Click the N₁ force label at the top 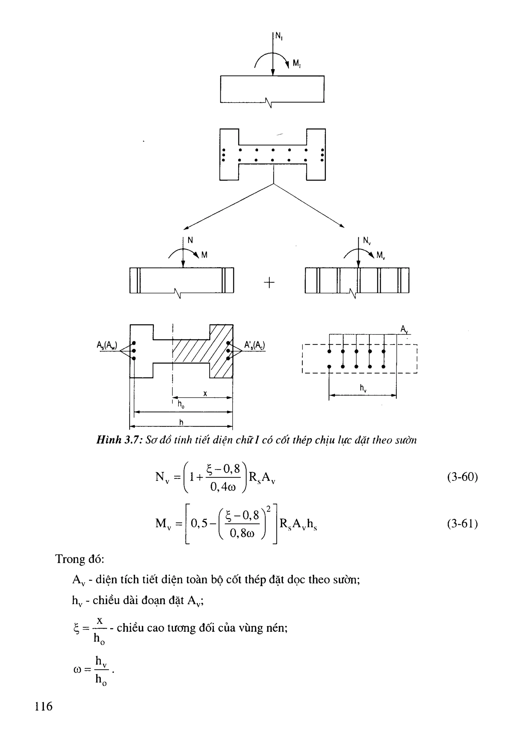tap(279, 37)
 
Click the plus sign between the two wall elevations tap(269, 283)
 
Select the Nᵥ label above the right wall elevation tap(367, 240)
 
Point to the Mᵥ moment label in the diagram tap(381, 255)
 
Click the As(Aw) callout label tap(107, 345)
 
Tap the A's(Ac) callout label tap(254, 345)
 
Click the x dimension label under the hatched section tap(205, 393)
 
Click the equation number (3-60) tap(462, 477)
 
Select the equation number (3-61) tap(462, 524)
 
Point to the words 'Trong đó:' tap(80, 559)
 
